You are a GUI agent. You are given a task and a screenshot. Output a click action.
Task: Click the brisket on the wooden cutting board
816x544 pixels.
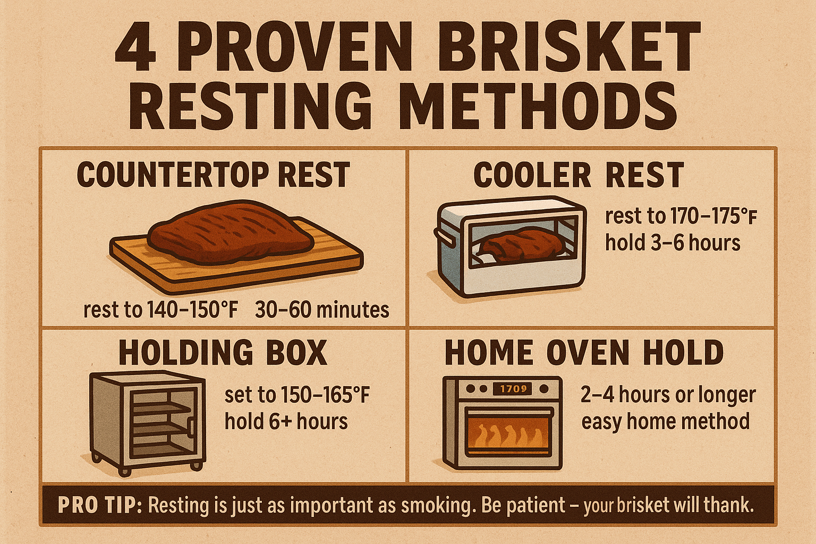pos(229,232)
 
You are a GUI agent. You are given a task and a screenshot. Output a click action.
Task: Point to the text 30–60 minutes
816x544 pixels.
pos(322,310)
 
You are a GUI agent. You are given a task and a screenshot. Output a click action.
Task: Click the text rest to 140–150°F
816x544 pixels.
pos(160,310)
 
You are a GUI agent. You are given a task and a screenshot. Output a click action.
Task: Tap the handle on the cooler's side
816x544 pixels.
pos(445,237)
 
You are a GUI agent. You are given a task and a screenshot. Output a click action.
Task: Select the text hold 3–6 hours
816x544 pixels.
pos(673,243)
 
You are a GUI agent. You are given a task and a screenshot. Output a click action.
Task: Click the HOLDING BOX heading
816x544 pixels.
pos(223,352)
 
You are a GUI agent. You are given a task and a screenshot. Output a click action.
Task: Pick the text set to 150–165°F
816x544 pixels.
pos(297,395)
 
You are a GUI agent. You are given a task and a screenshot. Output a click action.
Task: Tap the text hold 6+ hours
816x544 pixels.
pos(286,422)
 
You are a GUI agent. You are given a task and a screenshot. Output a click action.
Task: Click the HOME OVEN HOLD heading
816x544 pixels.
pos(584,352)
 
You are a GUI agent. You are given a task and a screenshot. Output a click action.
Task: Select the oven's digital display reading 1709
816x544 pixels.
pos(513,389)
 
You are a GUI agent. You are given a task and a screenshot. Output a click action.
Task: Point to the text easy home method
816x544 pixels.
pos(665,422)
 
